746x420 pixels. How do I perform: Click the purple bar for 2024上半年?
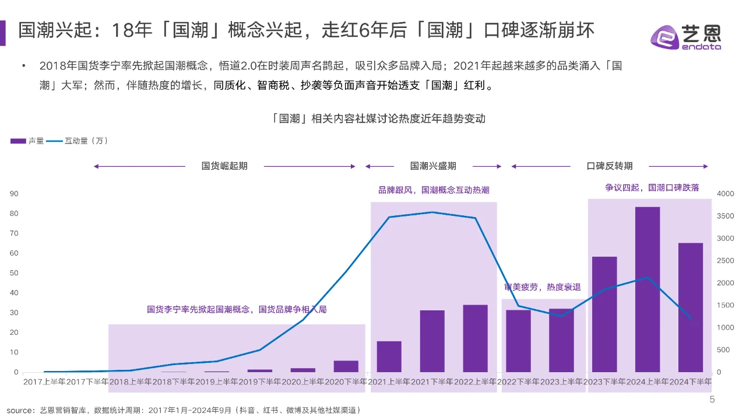coord(647,289)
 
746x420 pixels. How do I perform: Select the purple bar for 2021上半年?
coord(389,356)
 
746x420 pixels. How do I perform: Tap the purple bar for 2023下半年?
coord(604,314)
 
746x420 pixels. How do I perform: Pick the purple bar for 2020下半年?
coord(346,366)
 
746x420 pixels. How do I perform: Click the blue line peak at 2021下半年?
coord(432,212)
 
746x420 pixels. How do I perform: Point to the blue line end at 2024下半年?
coord(691,318)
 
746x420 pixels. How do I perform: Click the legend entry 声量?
coord(27,141)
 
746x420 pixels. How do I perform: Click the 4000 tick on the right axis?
coord(724,194)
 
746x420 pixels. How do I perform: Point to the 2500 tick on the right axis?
coord(724,261)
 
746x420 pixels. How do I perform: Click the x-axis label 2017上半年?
coord(45,381)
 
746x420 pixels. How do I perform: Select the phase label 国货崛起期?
coord(224,166)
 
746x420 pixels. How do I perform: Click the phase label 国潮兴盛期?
coord(433,166)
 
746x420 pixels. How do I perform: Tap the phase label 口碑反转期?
coord(609,166)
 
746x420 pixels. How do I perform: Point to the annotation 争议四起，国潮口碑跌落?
coord(652,188)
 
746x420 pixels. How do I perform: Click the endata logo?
coord(685,37)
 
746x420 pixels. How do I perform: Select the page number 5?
coord(712,400)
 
